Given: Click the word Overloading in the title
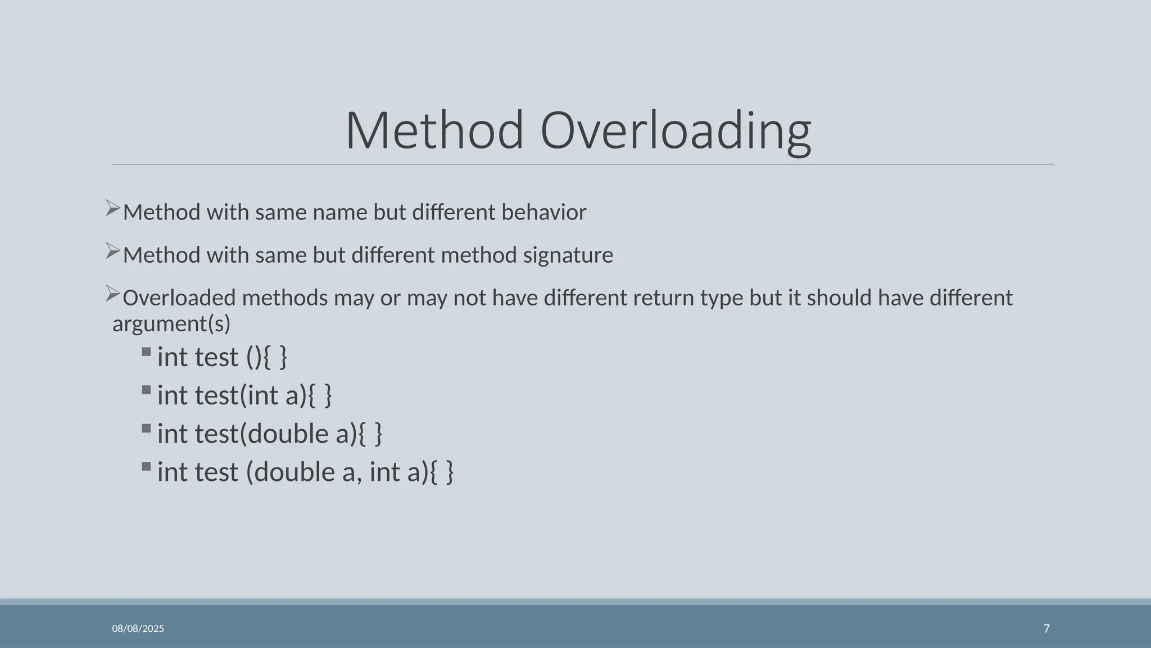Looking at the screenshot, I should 676,132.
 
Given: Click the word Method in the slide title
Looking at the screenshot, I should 434,130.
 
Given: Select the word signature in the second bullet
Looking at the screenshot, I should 568,255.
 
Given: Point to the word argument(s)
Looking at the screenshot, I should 171,324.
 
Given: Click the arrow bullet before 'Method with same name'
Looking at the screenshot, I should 113,209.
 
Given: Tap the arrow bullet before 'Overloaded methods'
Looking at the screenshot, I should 113,294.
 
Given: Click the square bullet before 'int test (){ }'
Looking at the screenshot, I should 147,352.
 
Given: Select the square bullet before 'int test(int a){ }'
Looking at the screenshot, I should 147,390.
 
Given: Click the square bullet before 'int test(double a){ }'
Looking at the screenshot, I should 147,429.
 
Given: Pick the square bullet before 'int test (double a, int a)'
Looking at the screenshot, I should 147,467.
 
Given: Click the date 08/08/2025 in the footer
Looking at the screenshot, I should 138,629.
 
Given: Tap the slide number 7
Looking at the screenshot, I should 1046,629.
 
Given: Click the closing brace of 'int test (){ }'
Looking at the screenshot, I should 283,358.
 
